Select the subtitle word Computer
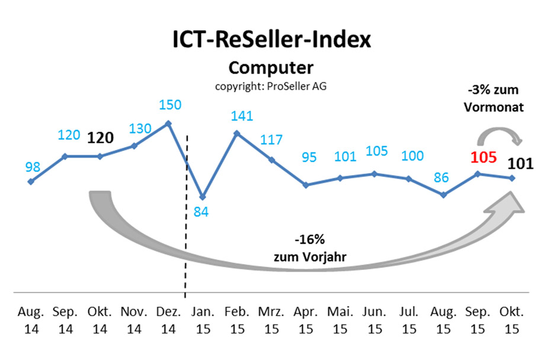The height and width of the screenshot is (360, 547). tap(271, 67)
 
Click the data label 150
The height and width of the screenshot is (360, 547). tap(170, 105)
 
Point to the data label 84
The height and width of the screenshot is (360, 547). tap(202, 211)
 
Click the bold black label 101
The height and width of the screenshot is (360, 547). tap(520, 161)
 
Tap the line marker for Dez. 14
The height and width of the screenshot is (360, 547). tap(169, 123)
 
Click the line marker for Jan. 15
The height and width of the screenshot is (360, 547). tap(203, 196)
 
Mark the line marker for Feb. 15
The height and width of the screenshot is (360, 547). tap(237, 133)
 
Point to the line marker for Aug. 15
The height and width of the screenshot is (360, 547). tap(443, 195)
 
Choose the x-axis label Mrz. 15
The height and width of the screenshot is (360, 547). tap(271, 320)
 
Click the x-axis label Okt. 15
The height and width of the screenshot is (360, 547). tap(512, 320)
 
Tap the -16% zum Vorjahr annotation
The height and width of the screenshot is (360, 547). tap(308, 249)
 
